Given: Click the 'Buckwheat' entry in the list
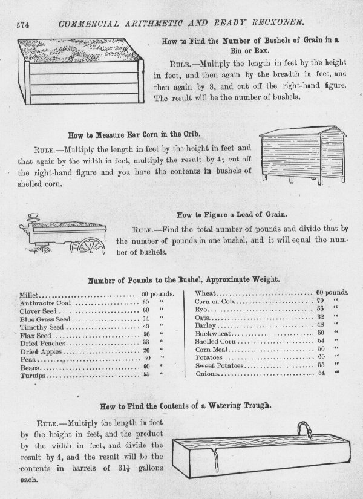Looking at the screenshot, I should click(x=212, y=332).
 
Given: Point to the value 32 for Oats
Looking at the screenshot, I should click(x=320, y=316).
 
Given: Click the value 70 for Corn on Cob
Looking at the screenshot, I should click(x=320, y=300).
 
